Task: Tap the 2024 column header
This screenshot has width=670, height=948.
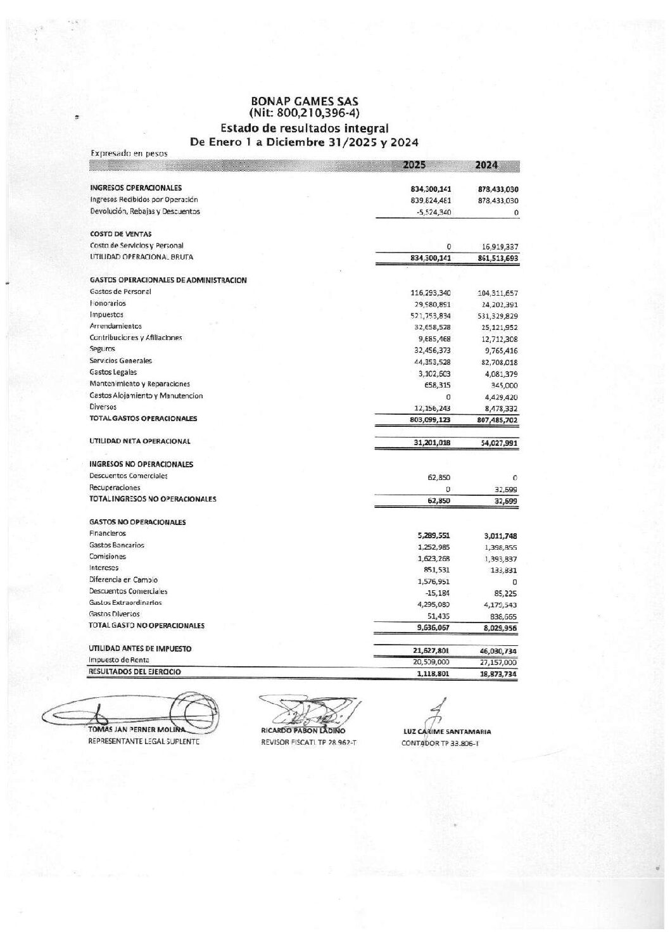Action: tap(486, 165)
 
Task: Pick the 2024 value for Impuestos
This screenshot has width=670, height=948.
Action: tap(497, 316)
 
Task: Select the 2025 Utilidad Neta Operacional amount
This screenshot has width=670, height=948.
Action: tap(431, 443)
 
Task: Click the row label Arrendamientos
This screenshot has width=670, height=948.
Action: tap(115, 326)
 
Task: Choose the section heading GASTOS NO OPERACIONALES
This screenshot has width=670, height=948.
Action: tap(137, 522)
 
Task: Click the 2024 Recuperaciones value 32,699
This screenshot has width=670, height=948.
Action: tap(505, 490)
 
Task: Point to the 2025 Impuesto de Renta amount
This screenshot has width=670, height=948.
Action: tap(431, 662)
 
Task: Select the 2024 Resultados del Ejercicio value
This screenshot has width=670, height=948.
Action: tap(497, 674)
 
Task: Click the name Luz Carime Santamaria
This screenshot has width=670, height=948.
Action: tap(447, 731)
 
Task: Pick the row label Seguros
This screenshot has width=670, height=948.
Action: tap(102, 349)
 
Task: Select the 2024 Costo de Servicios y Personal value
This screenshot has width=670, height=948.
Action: tap(499, 246)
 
